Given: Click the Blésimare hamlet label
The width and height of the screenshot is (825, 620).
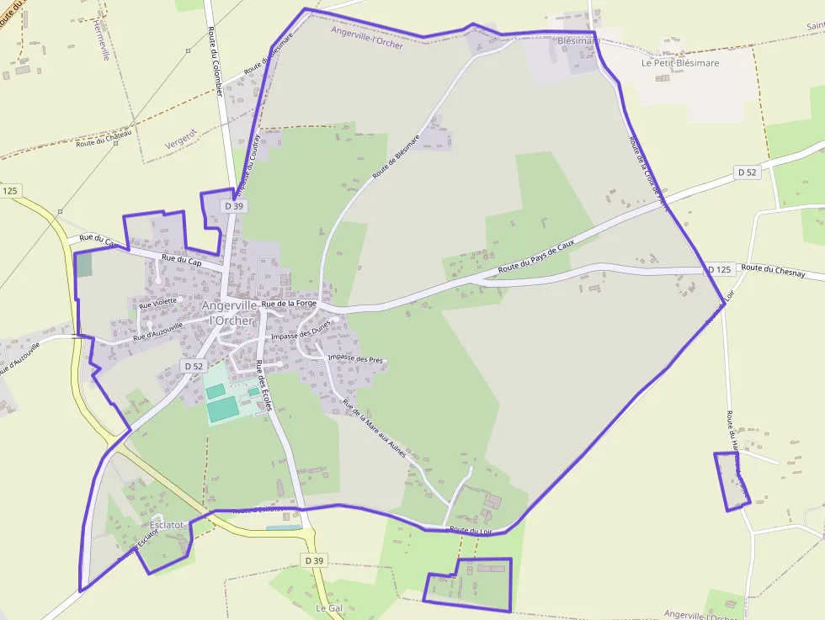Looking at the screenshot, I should pyautogui.click(x=578, y=40).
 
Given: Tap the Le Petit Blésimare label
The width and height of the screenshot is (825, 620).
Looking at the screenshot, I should pyautogui.click(x=680, y=62).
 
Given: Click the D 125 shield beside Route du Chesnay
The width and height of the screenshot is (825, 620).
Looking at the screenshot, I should pyautogui.click(x=719, y=269).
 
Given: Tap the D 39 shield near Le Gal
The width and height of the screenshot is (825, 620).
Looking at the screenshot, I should pyautogui.click(x=314, y=559).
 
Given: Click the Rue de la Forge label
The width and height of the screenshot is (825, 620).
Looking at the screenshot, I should pyautogui.click(x=289, y=303).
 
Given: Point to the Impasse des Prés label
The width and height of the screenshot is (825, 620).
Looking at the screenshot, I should pyautogui.click(x=355, y=359).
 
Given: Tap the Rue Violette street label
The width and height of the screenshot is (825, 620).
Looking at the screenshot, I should pyautogui.click(x=158, y=300).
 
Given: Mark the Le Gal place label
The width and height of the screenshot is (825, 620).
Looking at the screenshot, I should pyautogui.click(x=328, y=607).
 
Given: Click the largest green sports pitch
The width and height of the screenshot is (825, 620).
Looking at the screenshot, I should pyautogui.click(x=223, y=410).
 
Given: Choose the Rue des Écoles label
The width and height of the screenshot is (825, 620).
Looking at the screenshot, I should pyautogui.click(x=263, y=385).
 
